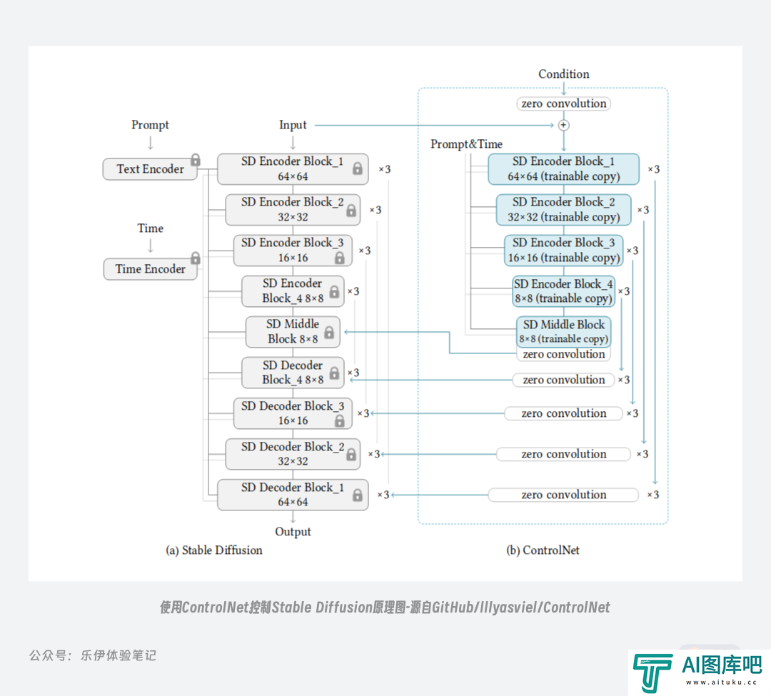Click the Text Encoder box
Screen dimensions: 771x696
[150, 168]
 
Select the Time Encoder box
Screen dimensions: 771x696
[150, 269]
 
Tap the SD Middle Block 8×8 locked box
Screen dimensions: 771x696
[293, 332]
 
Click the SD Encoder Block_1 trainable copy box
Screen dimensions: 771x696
[563, 169]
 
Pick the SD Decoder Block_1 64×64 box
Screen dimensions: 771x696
[293, 495]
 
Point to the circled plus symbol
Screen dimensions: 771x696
[563, 126]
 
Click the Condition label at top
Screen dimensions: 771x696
[563, 74]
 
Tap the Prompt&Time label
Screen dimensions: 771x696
[466, 144]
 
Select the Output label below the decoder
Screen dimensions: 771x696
[293, 531]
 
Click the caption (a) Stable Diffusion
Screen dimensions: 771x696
[214, 550]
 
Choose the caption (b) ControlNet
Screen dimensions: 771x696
[543, 550]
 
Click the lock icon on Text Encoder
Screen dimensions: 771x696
[196, 160]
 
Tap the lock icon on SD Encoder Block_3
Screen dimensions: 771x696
[339, 258]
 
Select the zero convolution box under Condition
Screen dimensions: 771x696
[563, 104]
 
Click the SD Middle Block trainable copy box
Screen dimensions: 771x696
[563, 332]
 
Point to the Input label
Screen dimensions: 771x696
[293, 125]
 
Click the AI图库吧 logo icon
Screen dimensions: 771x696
[652, 672]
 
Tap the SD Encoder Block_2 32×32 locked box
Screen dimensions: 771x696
[293, 210]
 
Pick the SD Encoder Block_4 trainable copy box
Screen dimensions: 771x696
[563, 291]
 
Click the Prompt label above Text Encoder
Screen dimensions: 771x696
[150, 125]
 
